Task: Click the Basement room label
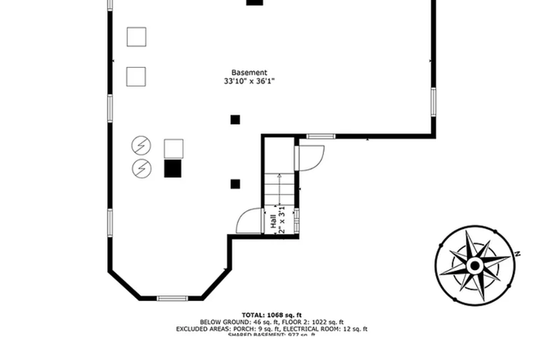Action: (x=249, y=73)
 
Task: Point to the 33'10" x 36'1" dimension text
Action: (x=249, y=82)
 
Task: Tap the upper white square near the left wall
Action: (x=137, y=37)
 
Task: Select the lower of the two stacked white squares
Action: (x=137, y=76)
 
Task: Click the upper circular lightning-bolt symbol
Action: (x=142, y=146)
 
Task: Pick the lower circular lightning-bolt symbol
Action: (x=142, y=168)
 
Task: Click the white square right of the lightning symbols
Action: (x=173, y=148)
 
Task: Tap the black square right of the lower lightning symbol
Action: (x=173, y=169)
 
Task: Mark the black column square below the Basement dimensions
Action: (x=235, y=119)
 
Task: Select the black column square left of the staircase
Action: (x=236, y=183)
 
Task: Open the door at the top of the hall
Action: (x=312, y=155)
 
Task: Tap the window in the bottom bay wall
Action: (x=173, y=298)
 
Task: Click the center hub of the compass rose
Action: (x=475, y=266)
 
